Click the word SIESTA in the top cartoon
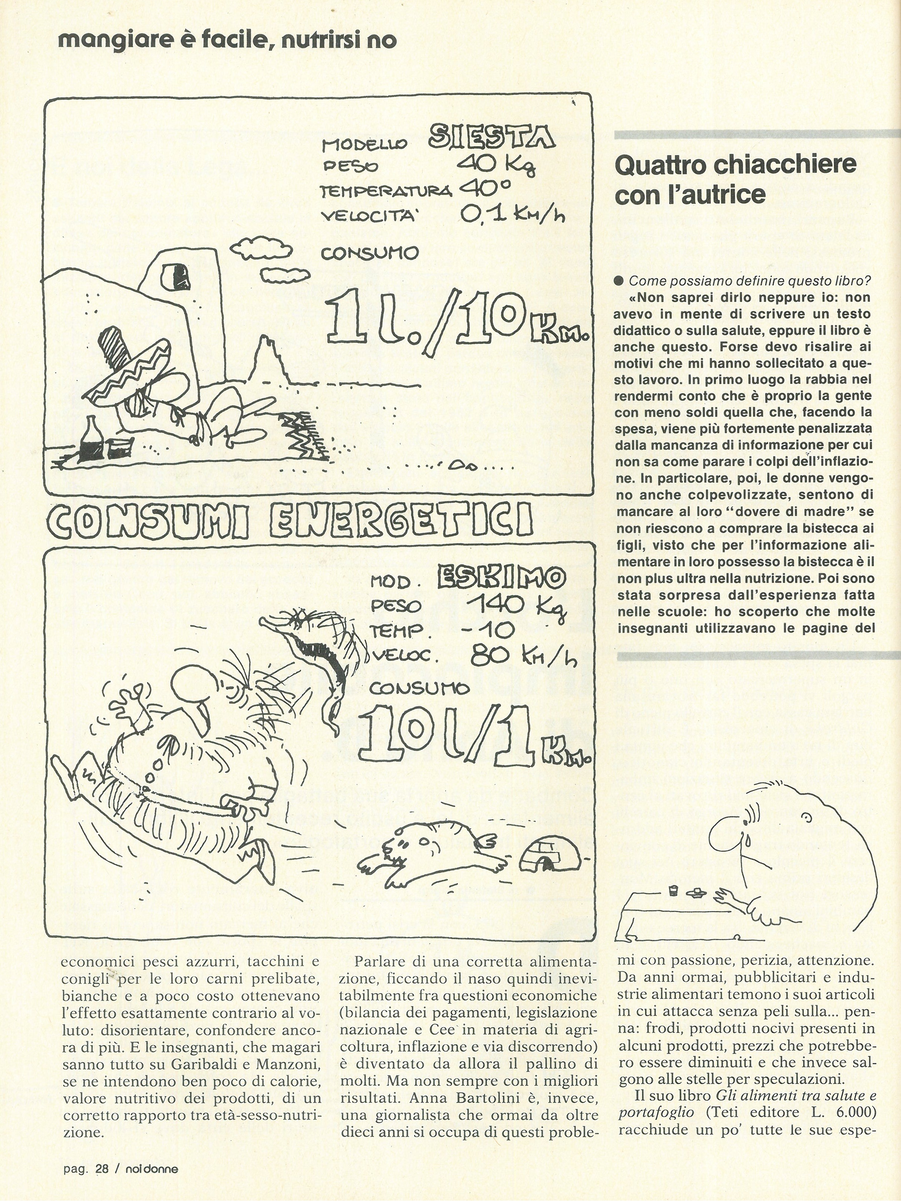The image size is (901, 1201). [x=491, y=137]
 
